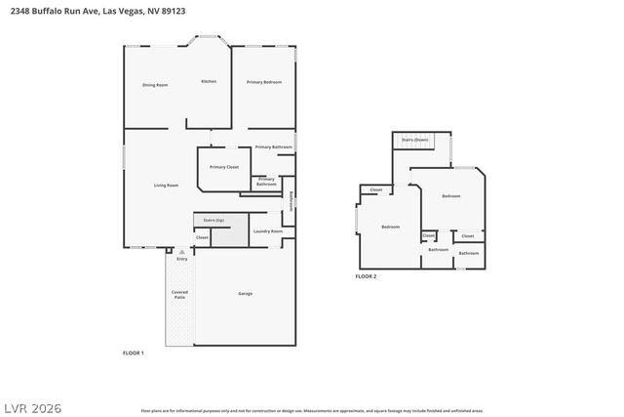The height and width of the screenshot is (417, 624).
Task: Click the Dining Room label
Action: [x=155, y=85]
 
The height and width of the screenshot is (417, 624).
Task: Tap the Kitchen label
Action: [x=209, y=81]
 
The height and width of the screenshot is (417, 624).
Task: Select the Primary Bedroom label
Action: [x=263, y=82]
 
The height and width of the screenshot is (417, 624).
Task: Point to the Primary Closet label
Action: [x=223, y=167]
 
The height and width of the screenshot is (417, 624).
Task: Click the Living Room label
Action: [x=166, y=185]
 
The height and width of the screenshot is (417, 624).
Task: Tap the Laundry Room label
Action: [x=268, y=231]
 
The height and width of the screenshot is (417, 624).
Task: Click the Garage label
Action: [x=246, y=293]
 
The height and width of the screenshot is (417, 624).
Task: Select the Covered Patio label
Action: [x=179, y=294]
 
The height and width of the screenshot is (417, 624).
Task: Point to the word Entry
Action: [x=181, y=259]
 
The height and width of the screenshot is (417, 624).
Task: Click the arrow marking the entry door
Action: [x=181, y=251]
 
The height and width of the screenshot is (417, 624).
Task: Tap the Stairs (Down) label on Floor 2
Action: [x=414, y=140]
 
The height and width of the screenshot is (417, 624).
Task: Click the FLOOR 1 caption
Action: [x=133, y=352]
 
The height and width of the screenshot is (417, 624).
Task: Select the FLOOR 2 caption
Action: [x=366, y=276]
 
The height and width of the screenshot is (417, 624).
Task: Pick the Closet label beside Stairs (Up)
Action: [x=202, y=237]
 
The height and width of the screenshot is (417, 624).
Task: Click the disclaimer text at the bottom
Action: [x=312, y=410]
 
